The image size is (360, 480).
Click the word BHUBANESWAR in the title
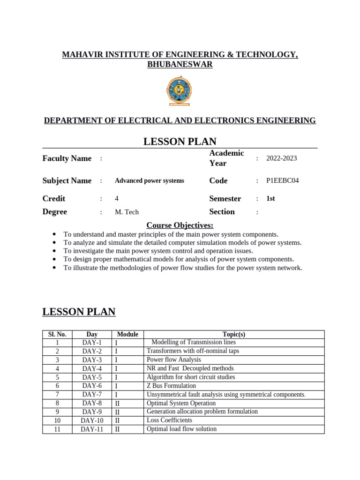pos(180,65)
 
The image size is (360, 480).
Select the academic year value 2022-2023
pos(281,158)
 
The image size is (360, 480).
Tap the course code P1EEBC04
pos(282,181)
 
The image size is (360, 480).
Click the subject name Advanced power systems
pos(150,181)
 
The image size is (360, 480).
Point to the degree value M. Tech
pos(127,212)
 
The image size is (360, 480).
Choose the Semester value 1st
pos(270,199)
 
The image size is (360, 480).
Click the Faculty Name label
pos(67,158)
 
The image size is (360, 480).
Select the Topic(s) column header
pos(234,334)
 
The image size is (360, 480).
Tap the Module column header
pos(127,334)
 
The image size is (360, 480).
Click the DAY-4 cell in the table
pos(92,368)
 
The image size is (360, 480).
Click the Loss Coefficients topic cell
pos(169,420)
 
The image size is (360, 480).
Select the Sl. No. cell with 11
pos(57,429)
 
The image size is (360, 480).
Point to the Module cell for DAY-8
pos(118,403)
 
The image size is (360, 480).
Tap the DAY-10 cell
pos(92,420)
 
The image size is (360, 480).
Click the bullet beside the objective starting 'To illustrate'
pos(55,268)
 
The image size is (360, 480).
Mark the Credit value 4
pos(117,199)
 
